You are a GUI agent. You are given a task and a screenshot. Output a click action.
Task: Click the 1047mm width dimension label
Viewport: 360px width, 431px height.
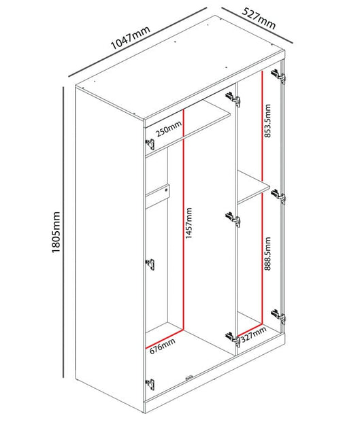pyautogui.click(x=130, y=37)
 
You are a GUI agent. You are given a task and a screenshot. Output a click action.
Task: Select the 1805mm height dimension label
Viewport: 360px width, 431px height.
pyautogui.click(x=56, y=232)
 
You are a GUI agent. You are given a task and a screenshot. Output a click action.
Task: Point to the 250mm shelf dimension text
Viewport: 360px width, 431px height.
pyautogui.click(x=169, y=128)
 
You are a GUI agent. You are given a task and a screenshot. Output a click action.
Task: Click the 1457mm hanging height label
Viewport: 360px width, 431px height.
pyautogui.click(x=189, y=223)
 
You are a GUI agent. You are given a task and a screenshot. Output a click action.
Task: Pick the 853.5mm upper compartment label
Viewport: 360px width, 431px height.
pyautogui.click(x=267, y=121)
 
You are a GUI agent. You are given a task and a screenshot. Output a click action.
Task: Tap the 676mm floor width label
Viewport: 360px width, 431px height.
pyautogui.click(x=163, y=346)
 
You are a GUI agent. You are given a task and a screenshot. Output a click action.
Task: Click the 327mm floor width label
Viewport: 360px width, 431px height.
pyautogui.click(x=253, y=334)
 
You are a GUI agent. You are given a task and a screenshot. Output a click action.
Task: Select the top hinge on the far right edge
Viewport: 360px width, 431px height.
pyautogui.click(x=278, y=75)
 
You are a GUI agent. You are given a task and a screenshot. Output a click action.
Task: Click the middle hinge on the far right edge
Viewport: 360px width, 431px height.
pyautogui.click(x=278, y=196)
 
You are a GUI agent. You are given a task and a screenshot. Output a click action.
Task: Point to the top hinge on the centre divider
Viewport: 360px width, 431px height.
pyautogui.click(x=233, y=99)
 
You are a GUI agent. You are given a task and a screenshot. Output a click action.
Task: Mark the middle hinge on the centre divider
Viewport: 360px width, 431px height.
pyautogui.click(x=233, y=220)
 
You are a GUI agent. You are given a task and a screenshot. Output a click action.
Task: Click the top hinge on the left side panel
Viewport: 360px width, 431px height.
pyautogui.click(x=150, y=144)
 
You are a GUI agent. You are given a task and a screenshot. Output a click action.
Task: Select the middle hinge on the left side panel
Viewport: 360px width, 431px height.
pyautogui.click(x=150, y=264)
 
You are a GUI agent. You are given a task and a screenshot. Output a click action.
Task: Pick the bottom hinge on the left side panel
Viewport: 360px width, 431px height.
pyautogui.click(x=150, y=384)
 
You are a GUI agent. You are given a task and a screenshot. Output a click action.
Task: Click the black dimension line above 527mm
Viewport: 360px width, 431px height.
pyautogui.click(x=257, y=25)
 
